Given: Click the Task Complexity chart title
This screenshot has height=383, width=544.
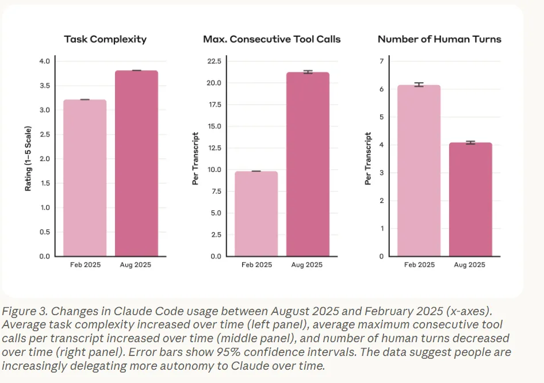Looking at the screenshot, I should [105, 40].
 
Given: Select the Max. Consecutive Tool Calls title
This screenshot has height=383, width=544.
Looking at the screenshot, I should [271, 40].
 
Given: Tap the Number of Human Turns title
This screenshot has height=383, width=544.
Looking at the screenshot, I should [439, 40].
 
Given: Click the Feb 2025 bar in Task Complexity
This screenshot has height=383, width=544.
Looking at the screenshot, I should [85, 178].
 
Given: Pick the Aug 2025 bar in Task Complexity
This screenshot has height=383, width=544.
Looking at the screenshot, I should [136, 164].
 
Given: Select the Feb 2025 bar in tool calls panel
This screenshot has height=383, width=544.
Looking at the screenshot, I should [256, 214].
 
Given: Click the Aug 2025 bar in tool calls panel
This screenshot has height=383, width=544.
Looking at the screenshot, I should [308, 164].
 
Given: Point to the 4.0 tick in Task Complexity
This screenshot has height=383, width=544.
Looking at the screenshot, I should [44, 62].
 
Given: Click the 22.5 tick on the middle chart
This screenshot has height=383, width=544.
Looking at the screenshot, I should [214, 62].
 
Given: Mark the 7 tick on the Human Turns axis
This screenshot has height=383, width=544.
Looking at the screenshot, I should [381, 62].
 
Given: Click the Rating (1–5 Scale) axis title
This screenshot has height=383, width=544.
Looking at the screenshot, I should [28, 159].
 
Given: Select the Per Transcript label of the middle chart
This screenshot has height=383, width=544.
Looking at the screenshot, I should [196, 159].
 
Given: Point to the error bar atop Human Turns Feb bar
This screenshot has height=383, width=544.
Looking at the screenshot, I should [419, 85].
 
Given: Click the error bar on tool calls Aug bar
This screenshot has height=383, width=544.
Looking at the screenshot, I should [308, 72].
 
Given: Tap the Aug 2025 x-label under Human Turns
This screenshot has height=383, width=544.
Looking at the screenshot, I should [470, 265].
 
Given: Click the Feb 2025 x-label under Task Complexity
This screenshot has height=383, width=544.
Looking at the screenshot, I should [85, 265].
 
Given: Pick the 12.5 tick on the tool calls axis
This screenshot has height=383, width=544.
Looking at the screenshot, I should [214, 148].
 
